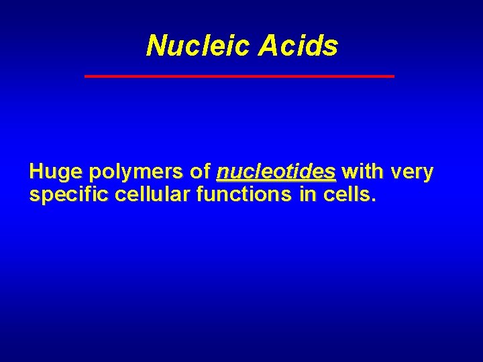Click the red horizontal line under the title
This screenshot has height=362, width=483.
[239, 76]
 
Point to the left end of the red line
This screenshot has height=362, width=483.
[86, 76]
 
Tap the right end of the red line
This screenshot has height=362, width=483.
[393, 76]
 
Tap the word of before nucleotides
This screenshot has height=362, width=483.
[200, 172]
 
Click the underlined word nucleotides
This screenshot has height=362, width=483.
[276, 172]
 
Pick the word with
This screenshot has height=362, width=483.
[362, 172]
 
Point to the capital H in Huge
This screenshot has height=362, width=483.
[36, 172]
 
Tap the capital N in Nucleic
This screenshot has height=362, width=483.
[155, 46]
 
